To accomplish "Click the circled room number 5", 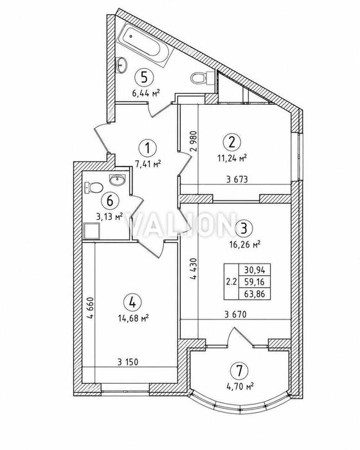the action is tap(145, 78).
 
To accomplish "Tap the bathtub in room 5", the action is tap(145, 45).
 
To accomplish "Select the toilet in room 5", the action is tap(202, 77).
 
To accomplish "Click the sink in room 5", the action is tap(122, 64).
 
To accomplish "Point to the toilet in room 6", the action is tap(94, 187).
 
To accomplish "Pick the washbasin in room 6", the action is tap(117, 179).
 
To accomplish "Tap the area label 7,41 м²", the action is tap(148, 164).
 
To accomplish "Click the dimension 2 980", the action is tap(194, 141).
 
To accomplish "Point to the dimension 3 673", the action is tap(237, 179).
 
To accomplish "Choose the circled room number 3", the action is tap(244, 229).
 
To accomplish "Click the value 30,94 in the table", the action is tap(255, 270).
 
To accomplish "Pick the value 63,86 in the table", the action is tap(255, 294).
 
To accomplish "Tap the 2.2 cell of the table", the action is tap(231, 282).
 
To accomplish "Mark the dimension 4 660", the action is tap(91, 308).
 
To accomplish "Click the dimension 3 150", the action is tap(128, 362).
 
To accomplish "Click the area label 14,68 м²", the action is tap(134, 318).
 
